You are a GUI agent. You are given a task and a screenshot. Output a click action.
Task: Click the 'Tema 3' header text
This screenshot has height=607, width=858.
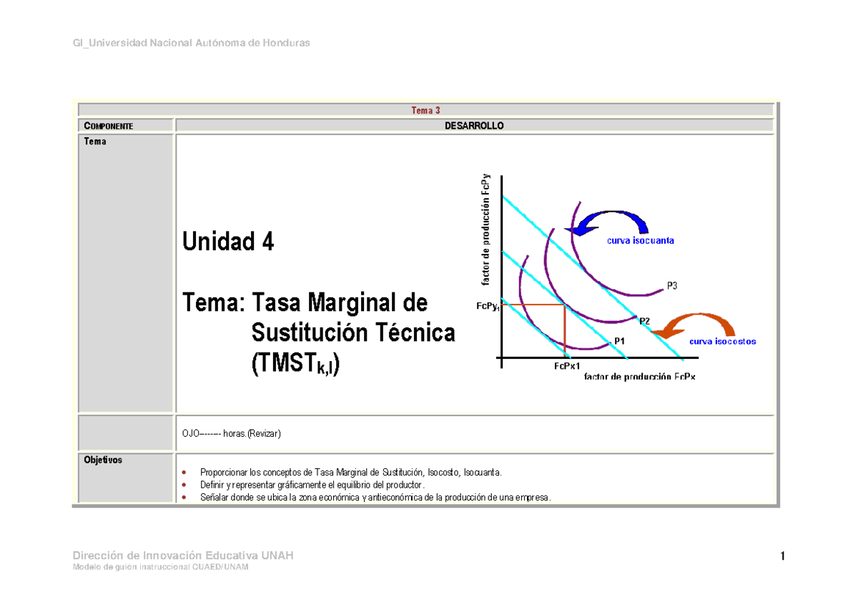[x=425, y=110]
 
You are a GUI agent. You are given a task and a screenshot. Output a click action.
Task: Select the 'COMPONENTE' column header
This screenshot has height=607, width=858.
[x=108, y=126]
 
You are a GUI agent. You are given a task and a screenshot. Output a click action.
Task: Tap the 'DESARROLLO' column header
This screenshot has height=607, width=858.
[x=475, y=126]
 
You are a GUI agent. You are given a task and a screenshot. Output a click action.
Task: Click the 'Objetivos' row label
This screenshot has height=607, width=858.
[x=103, y=460]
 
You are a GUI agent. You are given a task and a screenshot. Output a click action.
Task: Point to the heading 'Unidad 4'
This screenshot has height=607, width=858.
[x=228, y=243]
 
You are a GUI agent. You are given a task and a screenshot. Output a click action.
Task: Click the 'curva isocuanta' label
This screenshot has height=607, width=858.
[x=640, y=241]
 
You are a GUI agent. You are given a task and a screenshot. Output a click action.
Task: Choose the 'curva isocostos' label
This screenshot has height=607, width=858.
[x=722, y=342]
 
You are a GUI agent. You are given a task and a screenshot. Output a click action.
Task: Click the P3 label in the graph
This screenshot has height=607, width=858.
[x=672, y=285]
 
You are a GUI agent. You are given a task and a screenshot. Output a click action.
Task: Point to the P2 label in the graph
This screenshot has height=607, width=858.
[x=644, y=320]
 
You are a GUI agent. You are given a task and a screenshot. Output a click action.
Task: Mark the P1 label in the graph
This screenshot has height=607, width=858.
[x=620, y=340]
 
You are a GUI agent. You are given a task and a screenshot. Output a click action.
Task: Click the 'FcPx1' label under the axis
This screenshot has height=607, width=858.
[x=566, y=366]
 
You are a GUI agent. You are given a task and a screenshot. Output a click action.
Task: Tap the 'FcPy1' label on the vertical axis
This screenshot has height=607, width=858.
[x=489, y=306]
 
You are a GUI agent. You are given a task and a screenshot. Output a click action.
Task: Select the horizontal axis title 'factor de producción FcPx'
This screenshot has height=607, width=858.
[x=639, y=377]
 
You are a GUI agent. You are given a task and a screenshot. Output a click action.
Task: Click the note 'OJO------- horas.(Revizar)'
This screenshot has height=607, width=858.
[x=232, y=434]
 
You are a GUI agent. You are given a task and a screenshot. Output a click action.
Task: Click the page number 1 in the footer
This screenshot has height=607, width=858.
[x=783, y=557]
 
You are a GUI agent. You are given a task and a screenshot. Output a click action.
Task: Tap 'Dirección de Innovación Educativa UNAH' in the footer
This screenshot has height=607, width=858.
[x=183, y=556]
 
